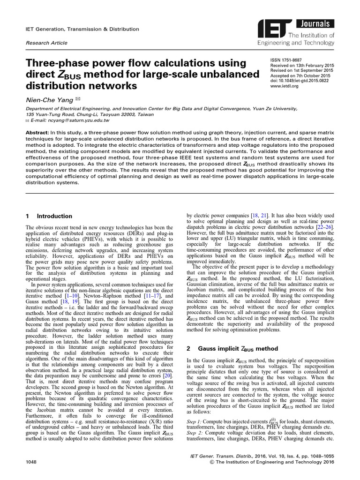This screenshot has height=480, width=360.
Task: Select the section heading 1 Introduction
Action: tap(49, 216)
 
